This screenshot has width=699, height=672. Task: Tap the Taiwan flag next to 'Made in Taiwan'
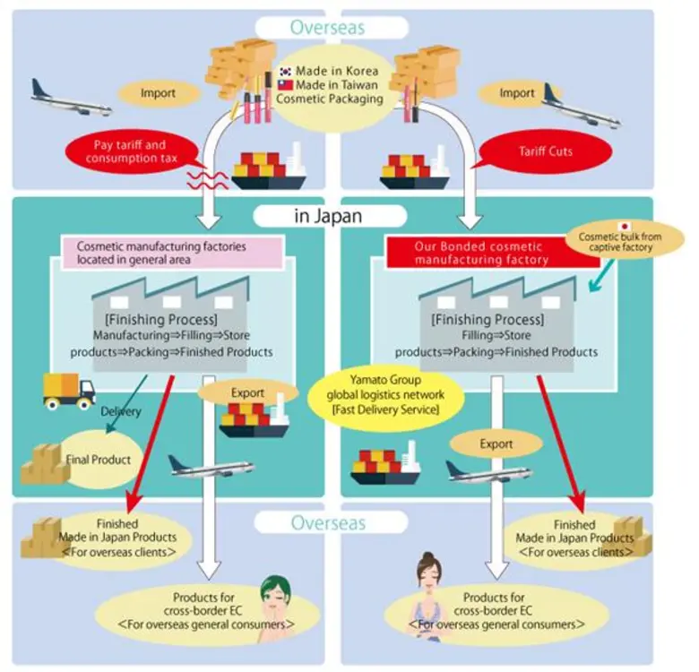coord(284,84)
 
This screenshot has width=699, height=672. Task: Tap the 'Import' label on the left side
coord(157,91)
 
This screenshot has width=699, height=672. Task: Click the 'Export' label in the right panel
coord(496,444)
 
